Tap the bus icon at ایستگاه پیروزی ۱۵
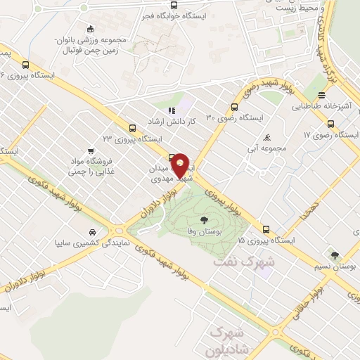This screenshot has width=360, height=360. [265, 229]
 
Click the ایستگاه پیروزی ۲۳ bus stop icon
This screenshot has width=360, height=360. [132, 127]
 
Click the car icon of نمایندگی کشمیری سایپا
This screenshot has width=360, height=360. [93, 231]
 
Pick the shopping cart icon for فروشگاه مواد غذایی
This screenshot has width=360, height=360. [91, 150]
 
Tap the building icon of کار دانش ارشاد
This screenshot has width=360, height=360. [170, 110]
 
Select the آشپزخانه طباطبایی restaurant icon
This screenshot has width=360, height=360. [322, 96]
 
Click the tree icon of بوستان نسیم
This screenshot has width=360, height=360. [335, 255]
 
